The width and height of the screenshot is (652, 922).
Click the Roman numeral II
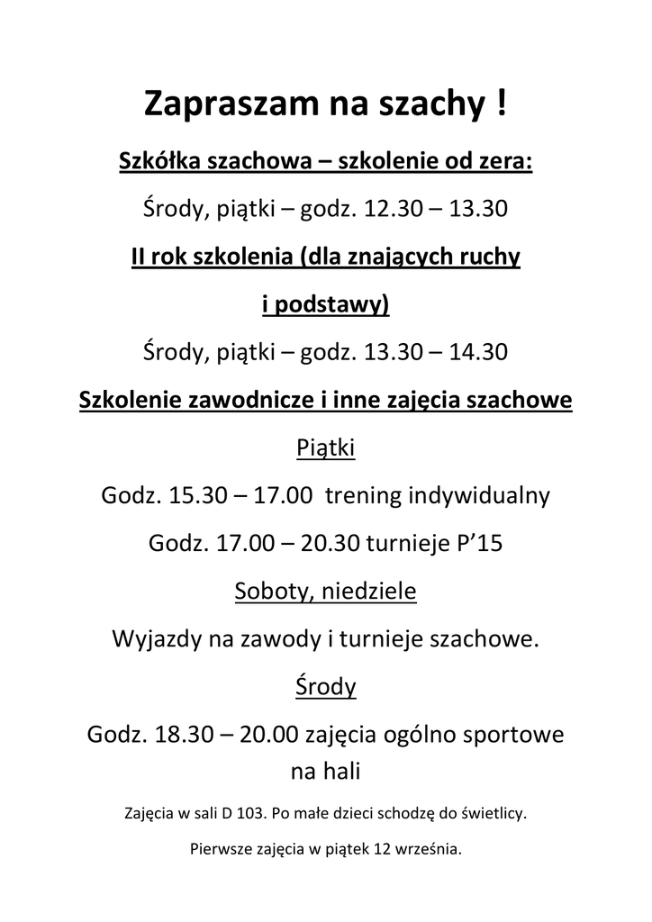[x=140, y=258]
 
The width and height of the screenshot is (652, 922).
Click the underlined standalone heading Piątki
[x=326, y=447]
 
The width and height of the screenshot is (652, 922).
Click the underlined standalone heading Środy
[x=326, y=687]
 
